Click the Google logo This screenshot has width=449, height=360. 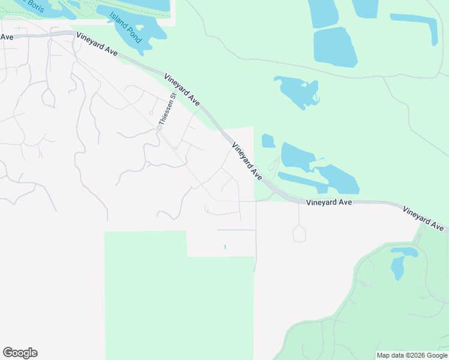tap(20, 353)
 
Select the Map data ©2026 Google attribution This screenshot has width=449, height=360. tap(411, 355)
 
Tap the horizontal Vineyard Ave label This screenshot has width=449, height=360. tap(328, 203)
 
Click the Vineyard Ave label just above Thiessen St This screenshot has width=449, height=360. tap(181, 90)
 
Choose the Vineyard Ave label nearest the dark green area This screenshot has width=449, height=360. tap(425, 219)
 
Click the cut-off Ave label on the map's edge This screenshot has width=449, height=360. tap(7, 37)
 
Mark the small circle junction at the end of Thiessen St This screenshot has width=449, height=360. tap(160, 127)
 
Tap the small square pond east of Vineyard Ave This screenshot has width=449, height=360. tap(268, 141)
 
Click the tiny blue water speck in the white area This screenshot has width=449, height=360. tap(225, 247)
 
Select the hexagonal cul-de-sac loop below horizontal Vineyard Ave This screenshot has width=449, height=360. tap(299, 234)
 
